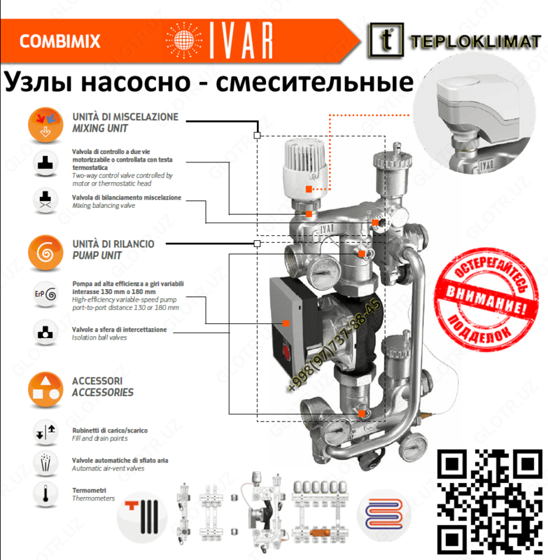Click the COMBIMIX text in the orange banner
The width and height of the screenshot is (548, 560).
point(59,41)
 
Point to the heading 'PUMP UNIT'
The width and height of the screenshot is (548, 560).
point(97,255)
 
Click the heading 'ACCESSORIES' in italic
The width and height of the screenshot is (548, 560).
point(102,393)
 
